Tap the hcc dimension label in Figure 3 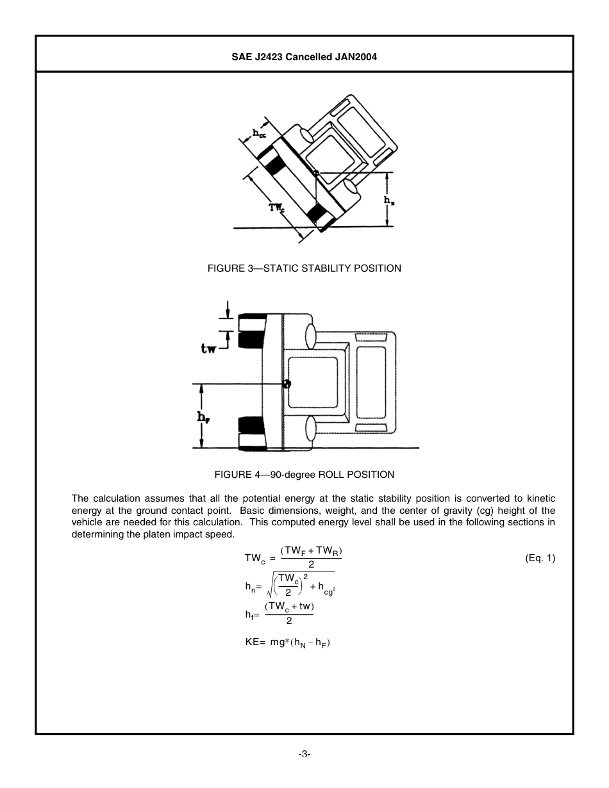pyautogui.click(x=259, y=134)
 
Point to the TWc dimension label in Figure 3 pyautogui.click(x=277, y=207)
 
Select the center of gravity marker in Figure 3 pyautogui.click(x=316, y=172)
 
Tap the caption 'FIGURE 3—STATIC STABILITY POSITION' pyautogui.click(x=304, y=268)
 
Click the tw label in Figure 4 pyautogui.click(x=208, y=349)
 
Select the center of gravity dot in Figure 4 pyautogui.click(x=286, y=384)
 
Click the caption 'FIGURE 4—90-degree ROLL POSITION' pyautogui.click(x=304, y=475)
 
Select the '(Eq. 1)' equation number pyautogui.click(x=540, y=558)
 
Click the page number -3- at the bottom pyautogui.click(x=304, y=755)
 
